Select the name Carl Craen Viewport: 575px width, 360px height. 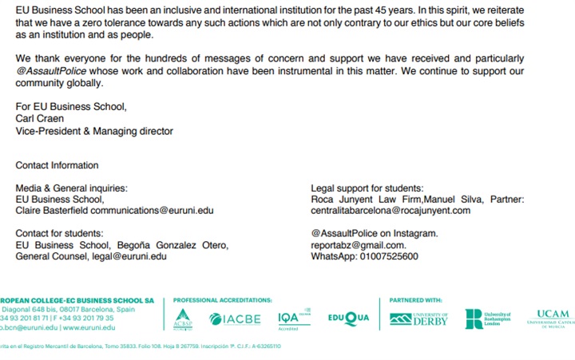pos(41,118)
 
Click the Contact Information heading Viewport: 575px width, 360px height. pos(57,165)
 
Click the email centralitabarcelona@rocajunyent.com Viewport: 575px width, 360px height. pos(391,211)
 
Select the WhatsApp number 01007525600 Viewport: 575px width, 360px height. pos(388,256)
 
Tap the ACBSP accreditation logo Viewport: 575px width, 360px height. pos(183,318)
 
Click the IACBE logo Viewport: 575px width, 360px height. pos(236,318)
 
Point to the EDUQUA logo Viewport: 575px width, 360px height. pos(348,318)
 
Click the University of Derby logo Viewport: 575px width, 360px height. pos(419,318)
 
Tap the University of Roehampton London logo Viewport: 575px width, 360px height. pos(487,318)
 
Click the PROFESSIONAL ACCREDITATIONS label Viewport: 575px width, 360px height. pos(222,300)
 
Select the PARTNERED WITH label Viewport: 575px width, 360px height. pos(415,300)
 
